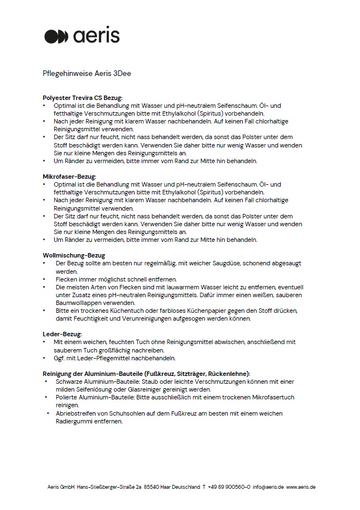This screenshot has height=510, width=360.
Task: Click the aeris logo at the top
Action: (x=81, y=36)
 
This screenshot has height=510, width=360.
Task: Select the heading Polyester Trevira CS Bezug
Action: (x=82, y=97)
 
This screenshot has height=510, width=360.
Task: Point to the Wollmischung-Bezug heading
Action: (x=74, y=255)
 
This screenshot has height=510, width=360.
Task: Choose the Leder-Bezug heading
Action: (x=63, y=334)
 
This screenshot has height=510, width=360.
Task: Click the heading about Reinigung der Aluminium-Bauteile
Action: (x=146, y=373)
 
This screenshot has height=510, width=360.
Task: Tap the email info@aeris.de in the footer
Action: (x=268, y=487)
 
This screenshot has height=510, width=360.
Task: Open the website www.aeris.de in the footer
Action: (x=301, y=487)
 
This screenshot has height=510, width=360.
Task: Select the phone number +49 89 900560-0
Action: (x=229, y=487)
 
